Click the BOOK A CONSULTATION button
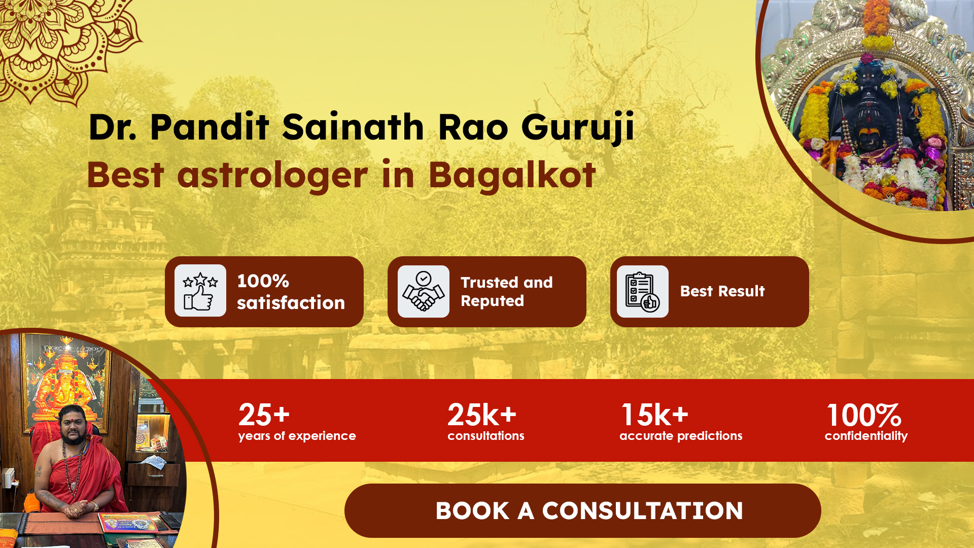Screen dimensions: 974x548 (582, 510)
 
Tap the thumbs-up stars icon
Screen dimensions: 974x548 (200, 291)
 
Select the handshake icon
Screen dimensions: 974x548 (424, 291)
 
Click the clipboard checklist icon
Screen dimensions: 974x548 (643, 291)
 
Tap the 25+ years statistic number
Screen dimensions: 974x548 (264, 415)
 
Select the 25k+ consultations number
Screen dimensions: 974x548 (482, 415)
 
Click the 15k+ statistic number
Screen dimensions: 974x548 (655, 415)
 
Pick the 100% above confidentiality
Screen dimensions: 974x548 (864, 415)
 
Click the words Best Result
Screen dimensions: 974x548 (722, 291)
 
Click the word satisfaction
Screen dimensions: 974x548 (291, 303)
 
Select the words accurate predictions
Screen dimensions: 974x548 (681, 436)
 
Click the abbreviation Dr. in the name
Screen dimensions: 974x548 (113, 127)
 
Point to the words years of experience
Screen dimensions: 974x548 (297, 436)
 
